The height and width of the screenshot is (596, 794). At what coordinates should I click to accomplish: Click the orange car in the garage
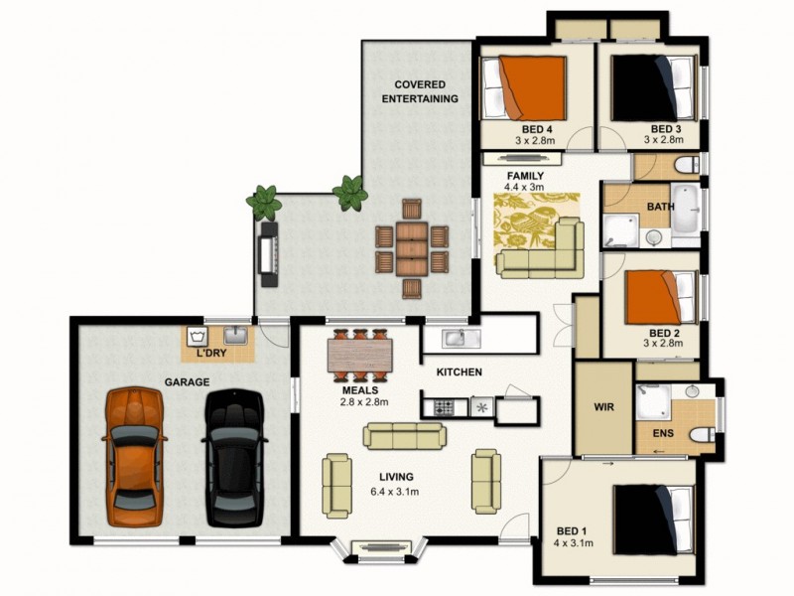tap(135, 456)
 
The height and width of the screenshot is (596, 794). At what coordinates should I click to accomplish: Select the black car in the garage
tap(234, 458)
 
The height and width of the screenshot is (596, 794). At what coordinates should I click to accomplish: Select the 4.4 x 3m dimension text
tap(524, 187)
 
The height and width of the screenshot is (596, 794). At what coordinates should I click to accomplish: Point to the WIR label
tap(604, 408)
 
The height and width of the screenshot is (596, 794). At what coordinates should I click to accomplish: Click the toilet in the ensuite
tap(702, 435)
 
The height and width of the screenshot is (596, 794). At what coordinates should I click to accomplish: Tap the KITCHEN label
tap(459, 372)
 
